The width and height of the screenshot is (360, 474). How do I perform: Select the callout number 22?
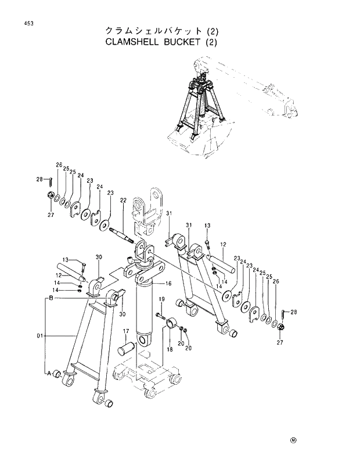tap(123, 200)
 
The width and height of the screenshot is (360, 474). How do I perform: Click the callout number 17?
tap(124, 331)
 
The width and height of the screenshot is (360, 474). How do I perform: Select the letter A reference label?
tap(50, 373)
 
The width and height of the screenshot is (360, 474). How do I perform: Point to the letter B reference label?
tap(51, 298)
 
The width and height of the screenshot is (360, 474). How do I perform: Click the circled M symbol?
tap(293, 439)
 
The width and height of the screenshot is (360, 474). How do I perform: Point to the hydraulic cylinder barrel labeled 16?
tap(145, 313)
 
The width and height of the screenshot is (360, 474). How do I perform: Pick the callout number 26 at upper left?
tap(59, 165)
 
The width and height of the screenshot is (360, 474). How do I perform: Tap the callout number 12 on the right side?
tap(222, 244)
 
